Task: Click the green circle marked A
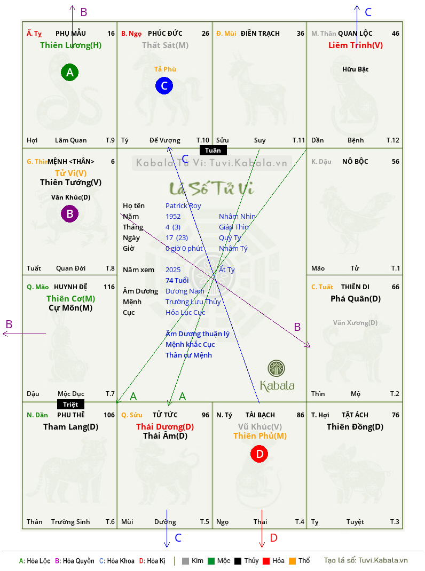pyautogui.click(x=69, y=72)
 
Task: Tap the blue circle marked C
pyautogui.click(x=164, y=85)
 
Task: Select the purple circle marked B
pyautogui.click(x=69, y=214)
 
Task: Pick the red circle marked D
pyautogui.click(x=259, y=454)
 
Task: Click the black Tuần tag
pyautogui.click(x=213, y=150)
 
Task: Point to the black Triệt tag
pyautogui.click(x=70, y=404)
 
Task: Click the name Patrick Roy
pyautogui.click(x=183, y=206)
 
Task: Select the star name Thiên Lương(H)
pyautogui.click(x=70, y=45)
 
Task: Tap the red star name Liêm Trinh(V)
pyautogui.click(x=356, y=45)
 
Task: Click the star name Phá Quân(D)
pyautogui.click(x=356, y=299)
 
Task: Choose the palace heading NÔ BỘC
pyautogui.click(x=355, y=161)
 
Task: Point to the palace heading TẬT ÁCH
pyautogui.click(x=355, y=415)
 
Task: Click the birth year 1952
pyautogui.click(x=173, y=216)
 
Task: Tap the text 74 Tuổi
pyautogui.click(x=177, y=280)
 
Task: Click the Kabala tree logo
pyautogui.click(x=276, y=368)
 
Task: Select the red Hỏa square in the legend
pyautogui.click(x=266, y=561)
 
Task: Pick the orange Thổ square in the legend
pyautogui.click(x=293, y=561)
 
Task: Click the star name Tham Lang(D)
pyautogui.click(x=70, y=427)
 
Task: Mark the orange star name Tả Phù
pyautogui.click(x=165, y=69)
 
